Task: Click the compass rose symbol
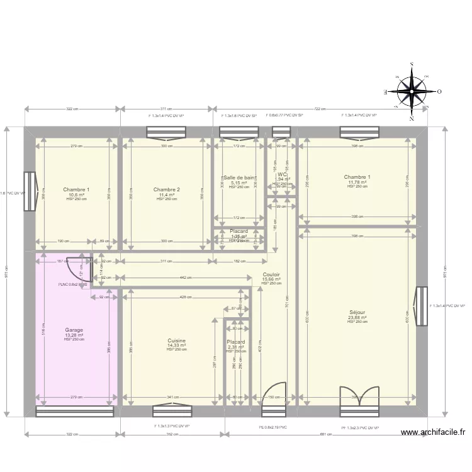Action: coord(412,91)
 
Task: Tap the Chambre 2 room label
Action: coord(167,189)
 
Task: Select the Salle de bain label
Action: coord(239,178)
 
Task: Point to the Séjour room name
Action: coord(357,312)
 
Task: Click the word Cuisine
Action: coord(176,340)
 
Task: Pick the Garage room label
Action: coord(74,329)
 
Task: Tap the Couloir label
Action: coord(271,275)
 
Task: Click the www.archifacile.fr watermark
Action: coord(434,432)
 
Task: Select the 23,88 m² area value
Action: coord(357,317)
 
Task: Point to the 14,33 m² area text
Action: coord(176,346)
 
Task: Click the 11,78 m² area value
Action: coord(357,183)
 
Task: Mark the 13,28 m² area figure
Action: coord(74,335)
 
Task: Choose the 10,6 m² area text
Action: coord(76,194)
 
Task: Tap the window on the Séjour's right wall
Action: coord(422,305)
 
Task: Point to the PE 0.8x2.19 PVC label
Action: coord(273,427)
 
